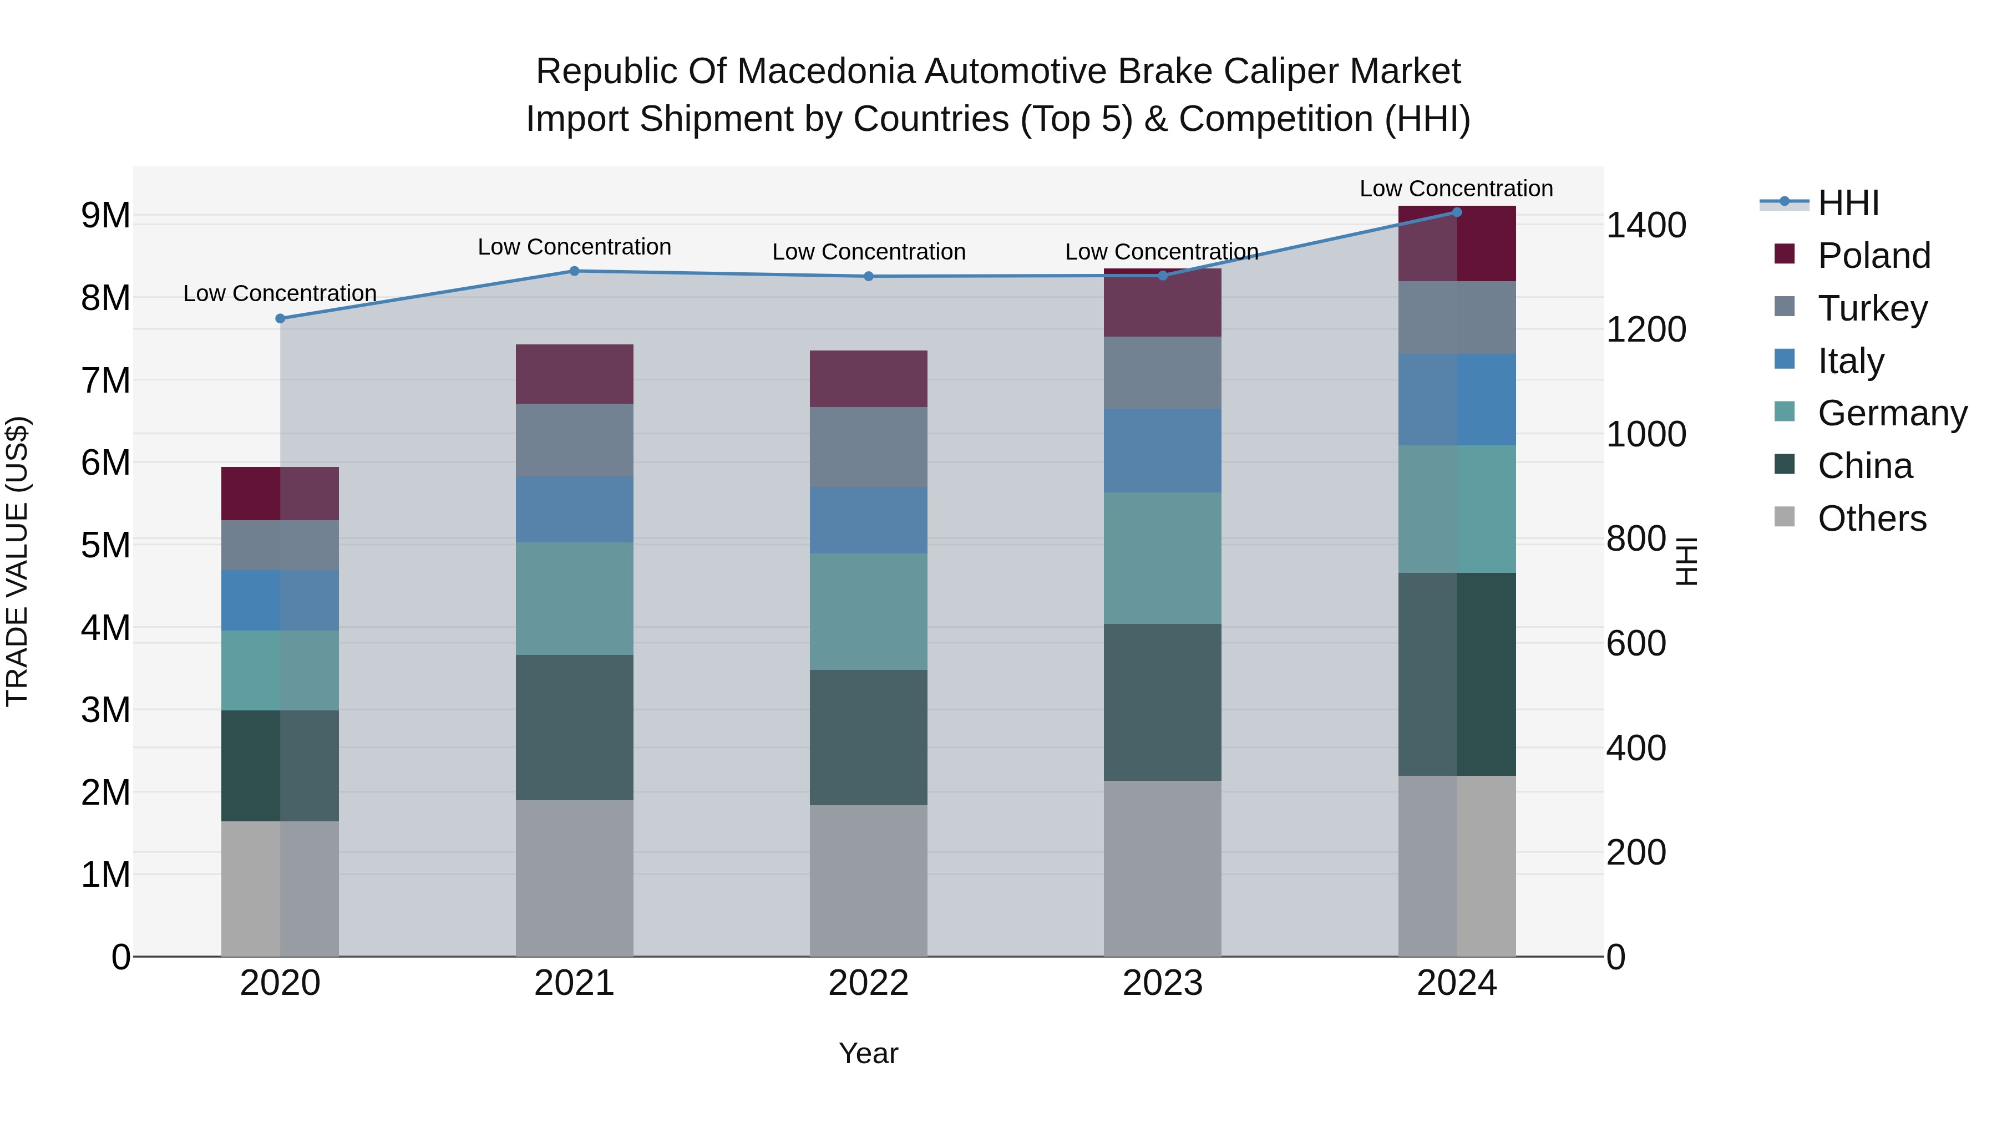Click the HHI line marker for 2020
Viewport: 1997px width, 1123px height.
pos(280,318)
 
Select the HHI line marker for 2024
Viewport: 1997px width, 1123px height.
pos(1457,212)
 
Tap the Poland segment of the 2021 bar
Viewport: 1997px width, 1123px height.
pos(575,374)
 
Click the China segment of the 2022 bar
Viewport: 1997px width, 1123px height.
pos(868,737)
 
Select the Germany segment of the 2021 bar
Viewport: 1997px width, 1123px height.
pos(575,598)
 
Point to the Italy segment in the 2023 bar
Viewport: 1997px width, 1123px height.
pos(1162,450)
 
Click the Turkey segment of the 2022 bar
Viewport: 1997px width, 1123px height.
pos(868,447)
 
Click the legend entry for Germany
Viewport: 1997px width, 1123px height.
pos(1892,413)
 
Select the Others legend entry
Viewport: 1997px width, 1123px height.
pos(1872,519)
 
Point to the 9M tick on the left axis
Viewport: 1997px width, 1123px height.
pos(105,216)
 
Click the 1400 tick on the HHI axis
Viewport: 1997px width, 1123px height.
pos(1646,226)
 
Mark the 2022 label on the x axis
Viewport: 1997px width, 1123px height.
pos(868,983)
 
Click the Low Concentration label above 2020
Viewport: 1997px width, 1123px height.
pos(280,294)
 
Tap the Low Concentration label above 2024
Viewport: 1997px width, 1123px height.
pos(1456,189)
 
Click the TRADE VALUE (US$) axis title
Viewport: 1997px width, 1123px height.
pos(17,561)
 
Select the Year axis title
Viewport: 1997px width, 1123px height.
pos(868,1053)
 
